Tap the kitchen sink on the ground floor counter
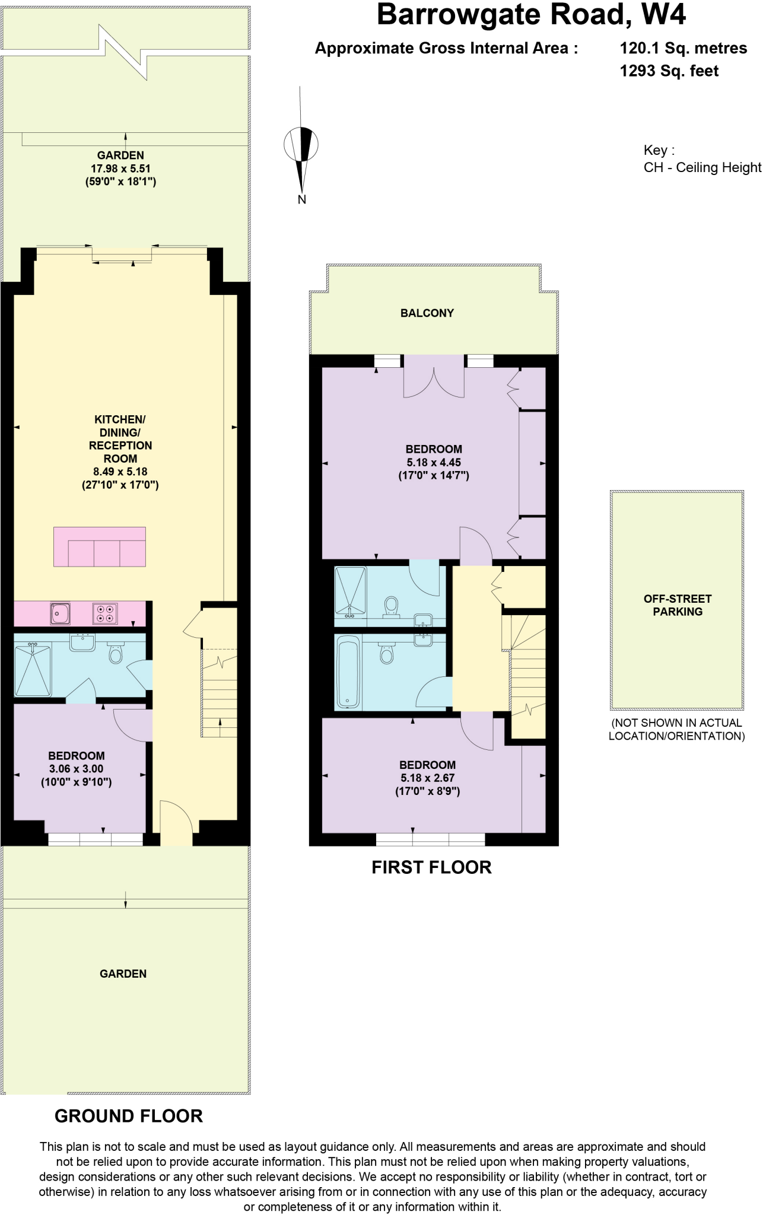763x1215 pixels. [60, 613]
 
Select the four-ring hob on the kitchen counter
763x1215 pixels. [105, 613]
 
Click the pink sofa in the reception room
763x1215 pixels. [100, 546]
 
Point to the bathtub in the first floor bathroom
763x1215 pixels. [347, 672]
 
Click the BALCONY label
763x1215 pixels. [427, 313]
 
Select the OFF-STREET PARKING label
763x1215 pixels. [677, 605]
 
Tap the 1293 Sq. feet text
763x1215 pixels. [669, 71]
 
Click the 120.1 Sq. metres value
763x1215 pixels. [683, 48]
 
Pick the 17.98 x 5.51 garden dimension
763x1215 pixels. [120, 168]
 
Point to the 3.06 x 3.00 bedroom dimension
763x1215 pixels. [77, 768]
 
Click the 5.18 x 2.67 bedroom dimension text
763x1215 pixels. [427, 778]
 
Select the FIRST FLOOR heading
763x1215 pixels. [431, 867]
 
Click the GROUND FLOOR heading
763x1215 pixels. [128, 1116]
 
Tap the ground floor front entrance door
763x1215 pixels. [176, 825]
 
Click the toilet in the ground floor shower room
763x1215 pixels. [115, 653]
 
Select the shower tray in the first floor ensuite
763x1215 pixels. [351, 590]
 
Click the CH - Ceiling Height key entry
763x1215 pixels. [702, 167]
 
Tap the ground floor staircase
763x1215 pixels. [219, 694]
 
